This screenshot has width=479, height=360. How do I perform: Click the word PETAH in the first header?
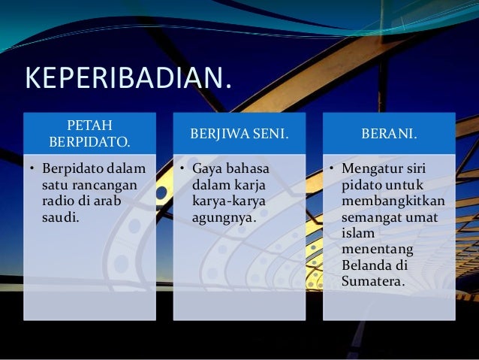coord(89,124)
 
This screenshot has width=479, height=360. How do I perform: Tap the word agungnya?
coord(224,218)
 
